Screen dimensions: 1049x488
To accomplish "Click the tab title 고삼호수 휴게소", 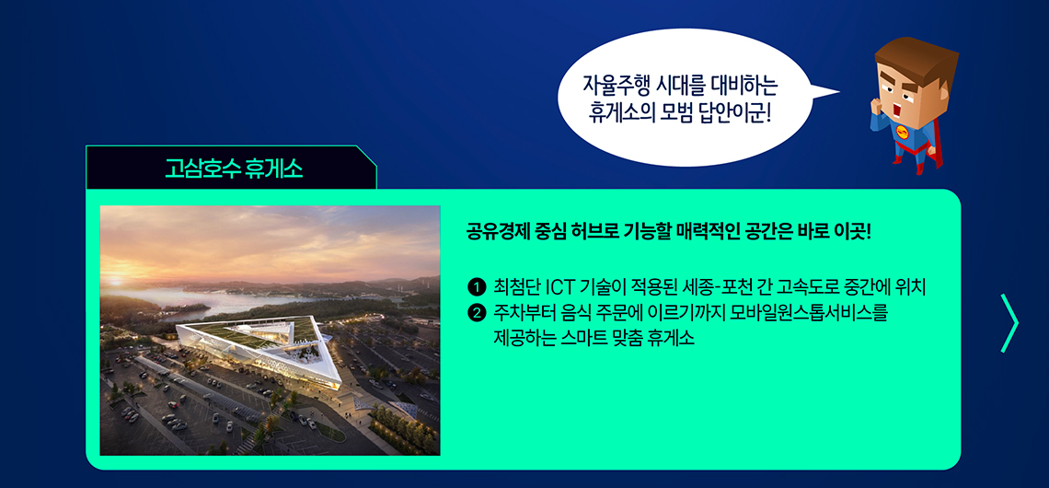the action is pos(234,168).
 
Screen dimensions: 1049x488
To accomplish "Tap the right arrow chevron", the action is pos(1010,323).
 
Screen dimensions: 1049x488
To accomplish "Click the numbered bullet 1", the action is pos(476,288).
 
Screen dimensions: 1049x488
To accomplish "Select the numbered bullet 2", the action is pos(476,311).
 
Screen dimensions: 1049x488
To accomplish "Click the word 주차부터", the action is pos(520,312).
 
